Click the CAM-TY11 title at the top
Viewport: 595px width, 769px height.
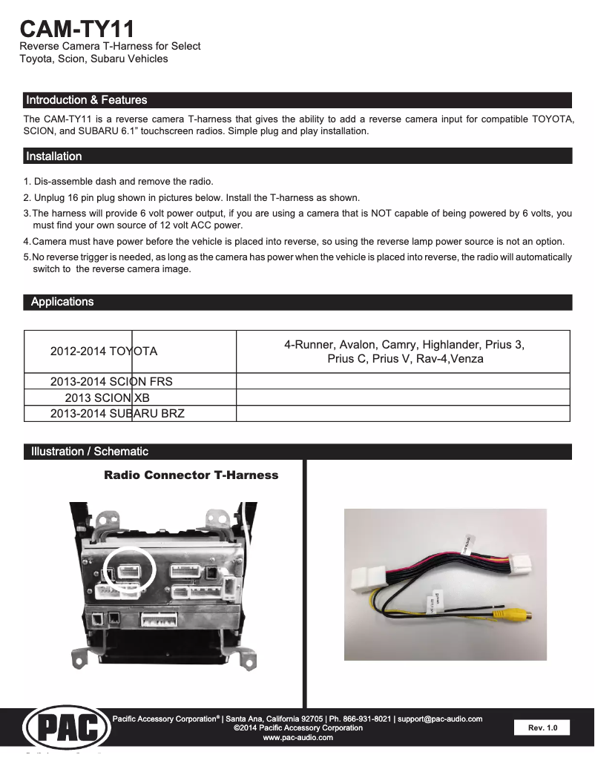tap(77, 29)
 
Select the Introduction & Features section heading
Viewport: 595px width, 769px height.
tap(86, 100)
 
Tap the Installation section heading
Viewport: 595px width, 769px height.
tap(53, 156)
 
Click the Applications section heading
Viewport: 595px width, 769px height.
tap(62, 302)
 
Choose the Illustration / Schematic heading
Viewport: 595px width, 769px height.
tap(89, 452)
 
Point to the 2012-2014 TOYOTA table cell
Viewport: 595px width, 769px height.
tap(104, 351)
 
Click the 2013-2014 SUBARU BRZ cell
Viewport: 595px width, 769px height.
tap(117, 413)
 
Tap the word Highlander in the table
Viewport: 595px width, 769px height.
tap(452, 345)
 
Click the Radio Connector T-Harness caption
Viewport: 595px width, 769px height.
tap(191, 475)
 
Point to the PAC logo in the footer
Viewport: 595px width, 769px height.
tap(67, 729)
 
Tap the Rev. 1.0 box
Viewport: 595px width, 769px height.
tap(542, 728)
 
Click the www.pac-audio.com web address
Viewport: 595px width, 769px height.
tap(297, 738)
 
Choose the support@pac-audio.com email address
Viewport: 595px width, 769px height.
tap(440, 719)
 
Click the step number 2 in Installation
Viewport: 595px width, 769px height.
tap(27, 198)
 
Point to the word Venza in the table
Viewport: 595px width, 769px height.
tap(468, 359)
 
